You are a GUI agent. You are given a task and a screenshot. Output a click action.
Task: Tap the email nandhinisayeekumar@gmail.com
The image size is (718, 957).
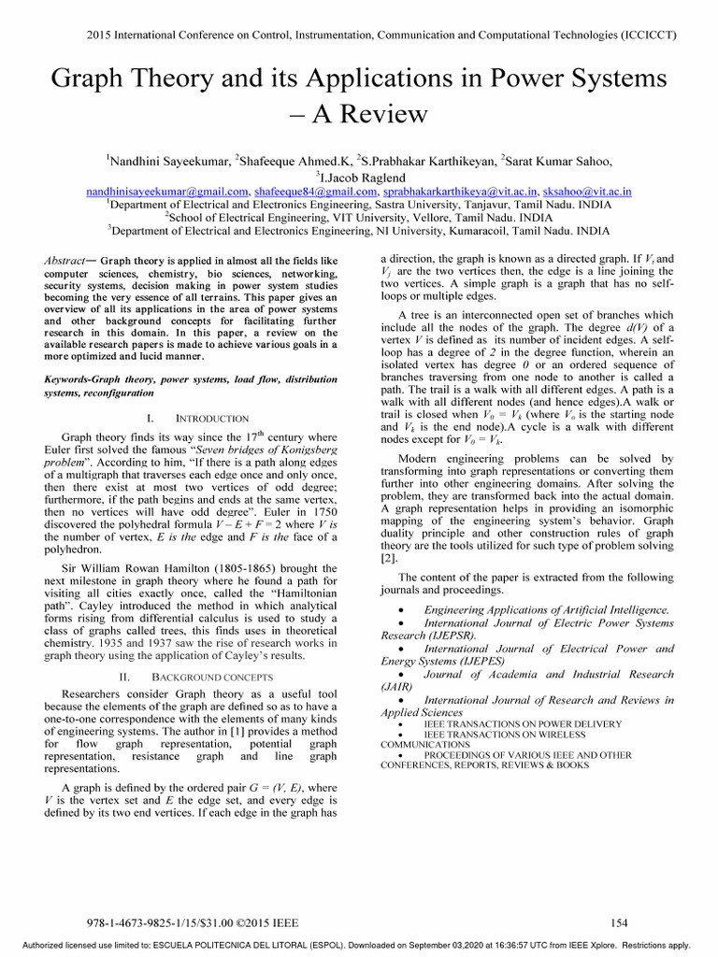click(166, 191)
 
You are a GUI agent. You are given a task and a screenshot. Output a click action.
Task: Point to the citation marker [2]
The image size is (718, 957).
click(388, 558)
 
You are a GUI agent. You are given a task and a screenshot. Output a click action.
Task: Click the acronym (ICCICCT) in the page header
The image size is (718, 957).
click(648, 35)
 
